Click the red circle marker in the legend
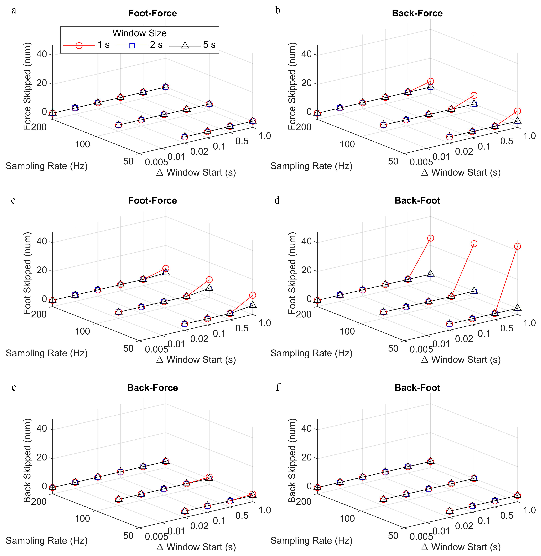pos(79,45)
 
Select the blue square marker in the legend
pos(132,45)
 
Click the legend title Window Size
pos(139,33)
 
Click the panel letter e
pos(14,387)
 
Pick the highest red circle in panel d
pos(431,238)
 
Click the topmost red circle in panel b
pos(431,81)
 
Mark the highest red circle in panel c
pos(166,268)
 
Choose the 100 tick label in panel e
pos(82,518)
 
